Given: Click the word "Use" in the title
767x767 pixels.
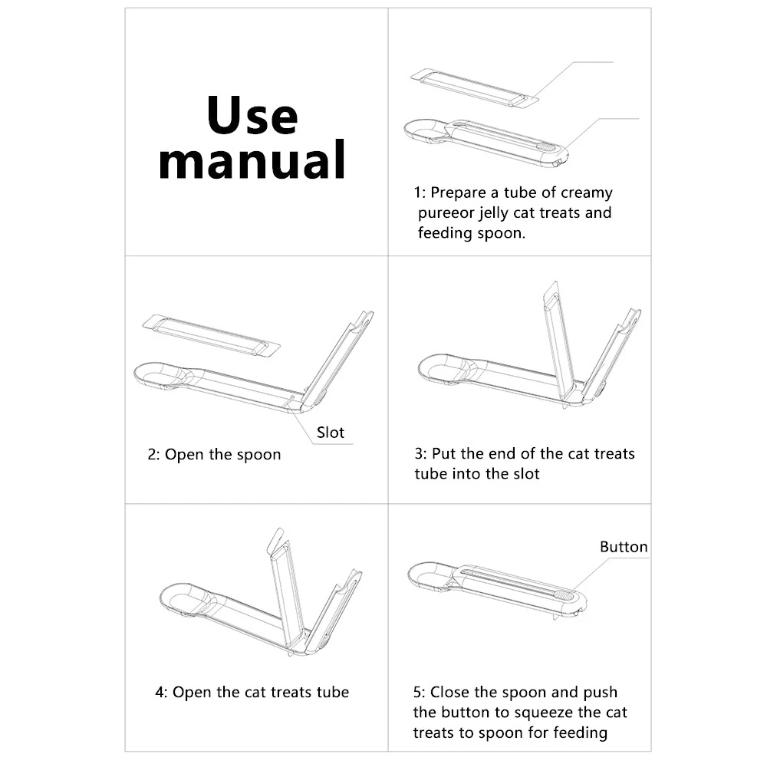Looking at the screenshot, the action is (252, 116).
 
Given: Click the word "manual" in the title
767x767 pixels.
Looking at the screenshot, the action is (252, 160).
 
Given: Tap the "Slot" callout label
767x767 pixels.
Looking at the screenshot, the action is (330, 433).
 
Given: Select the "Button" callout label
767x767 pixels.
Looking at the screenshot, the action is (624, 546).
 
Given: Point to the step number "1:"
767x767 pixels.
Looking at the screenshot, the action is (420, 193).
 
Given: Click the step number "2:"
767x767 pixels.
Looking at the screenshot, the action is (153, 454).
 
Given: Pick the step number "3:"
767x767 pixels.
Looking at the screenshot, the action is (420, 454).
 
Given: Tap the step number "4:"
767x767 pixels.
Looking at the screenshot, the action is (161, 692).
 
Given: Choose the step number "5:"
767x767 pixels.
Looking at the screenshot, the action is (420, 692).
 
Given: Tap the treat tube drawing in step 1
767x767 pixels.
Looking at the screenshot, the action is (475, 88).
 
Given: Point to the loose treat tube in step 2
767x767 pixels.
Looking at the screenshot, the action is (212, 337).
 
